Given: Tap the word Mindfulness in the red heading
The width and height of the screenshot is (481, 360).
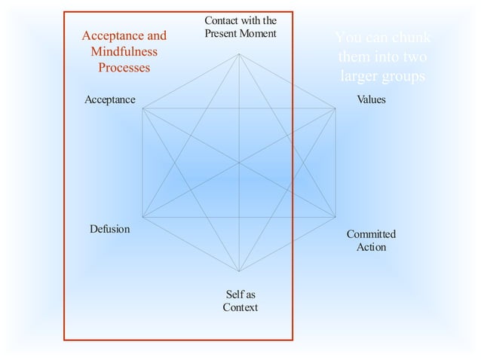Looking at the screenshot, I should [x=124, y=52].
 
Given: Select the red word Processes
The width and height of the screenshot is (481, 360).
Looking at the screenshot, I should [x=124, y=68].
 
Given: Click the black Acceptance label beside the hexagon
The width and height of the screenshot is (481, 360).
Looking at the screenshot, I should [x=110, y=99].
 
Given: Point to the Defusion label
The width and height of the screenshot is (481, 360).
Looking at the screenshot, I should [x=110, y=229].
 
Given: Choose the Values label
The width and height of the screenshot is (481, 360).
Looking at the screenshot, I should [x=370, y=99].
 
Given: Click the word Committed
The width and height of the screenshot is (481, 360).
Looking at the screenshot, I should [x=371, y=234].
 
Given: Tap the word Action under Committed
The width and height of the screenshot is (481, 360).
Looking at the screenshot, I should [x=371, y=247].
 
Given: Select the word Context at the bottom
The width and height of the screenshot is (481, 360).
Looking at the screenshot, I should [x=240, y=307].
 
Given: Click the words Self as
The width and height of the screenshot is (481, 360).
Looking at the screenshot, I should [x=240, y=294].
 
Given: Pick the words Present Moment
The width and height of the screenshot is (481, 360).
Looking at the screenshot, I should [x=240, y=33].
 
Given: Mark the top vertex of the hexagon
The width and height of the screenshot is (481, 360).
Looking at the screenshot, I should [x=239, y=53].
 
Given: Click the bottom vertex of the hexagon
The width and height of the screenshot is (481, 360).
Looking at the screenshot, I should [x=239, y=272].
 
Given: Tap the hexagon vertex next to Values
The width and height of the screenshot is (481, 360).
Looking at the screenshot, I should [x=335, y=108].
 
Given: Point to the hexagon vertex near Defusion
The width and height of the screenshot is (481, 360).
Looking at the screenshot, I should [x=142, y=217].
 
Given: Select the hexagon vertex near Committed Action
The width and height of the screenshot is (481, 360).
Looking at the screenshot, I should [x=335, y=217].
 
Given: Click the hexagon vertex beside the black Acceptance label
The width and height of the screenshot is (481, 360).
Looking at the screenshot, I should [x=142, y=108].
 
